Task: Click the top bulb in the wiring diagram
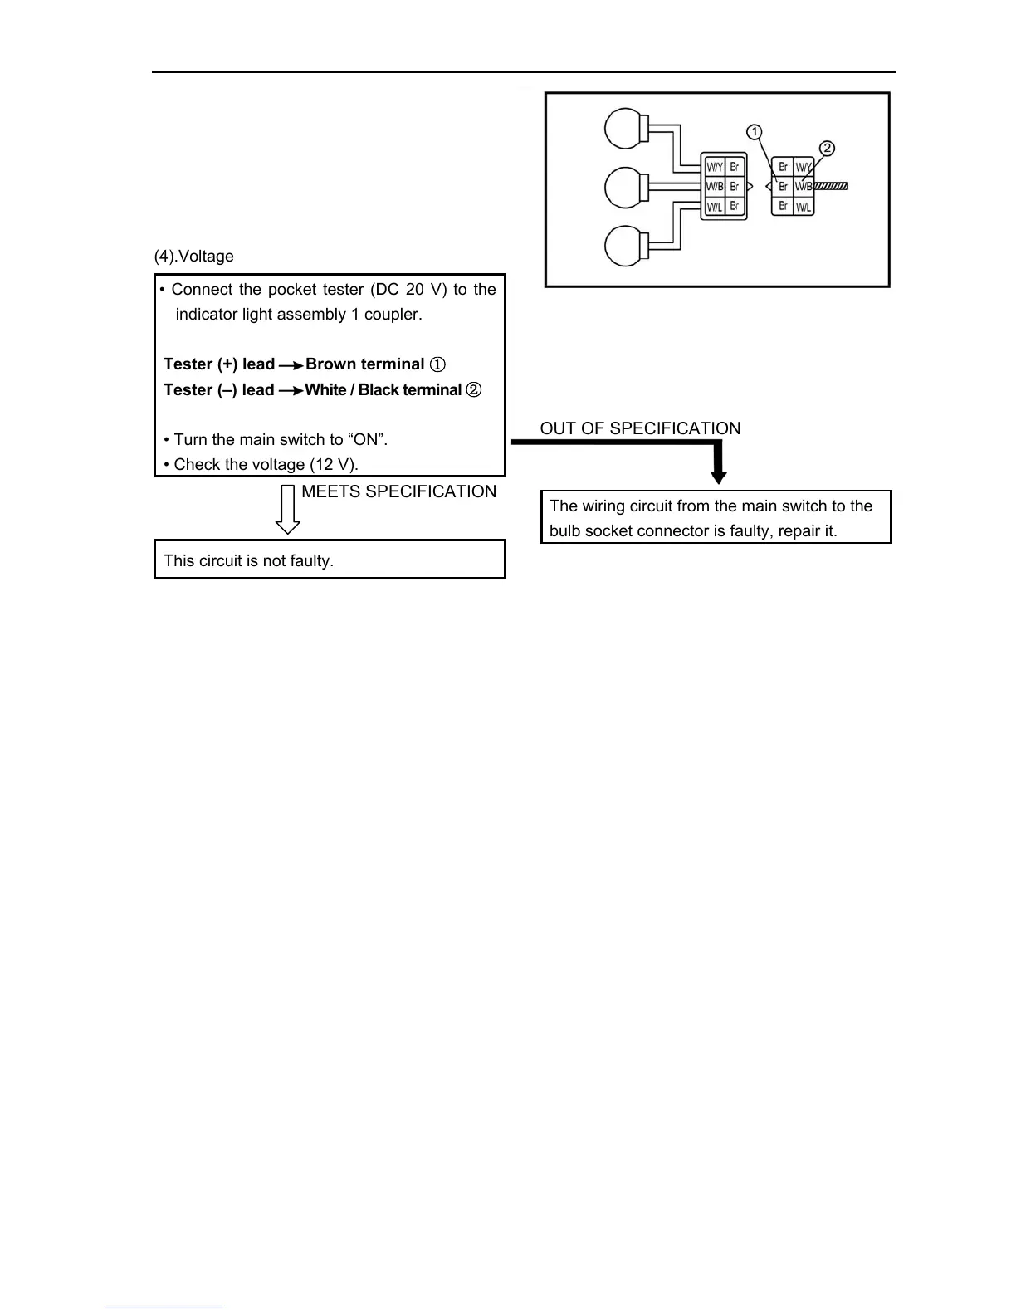(624, 130)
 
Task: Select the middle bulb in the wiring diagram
(624, 188)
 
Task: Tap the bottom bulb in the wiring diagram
(624, 247)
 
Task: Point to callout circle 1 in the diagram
(754, 132)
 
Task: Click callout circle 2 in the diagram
(827, 149)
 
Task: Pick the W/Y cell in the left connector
(714, 167)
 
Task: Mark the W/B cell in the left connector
(714, 187)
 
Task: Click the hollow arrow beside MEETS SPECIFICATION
(288, 509)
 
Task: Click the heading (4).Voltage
(194, 257)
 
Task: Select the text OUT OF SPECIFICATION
(640, 428)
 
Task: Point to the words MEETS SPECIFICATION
(398, 491)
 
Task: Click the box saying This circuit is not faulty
(330, 560)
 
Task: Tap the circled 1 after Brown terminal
(439, 364)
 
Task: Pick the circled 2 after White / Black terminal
(474, 390)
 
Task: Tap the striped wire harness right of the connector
(831, 187)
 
